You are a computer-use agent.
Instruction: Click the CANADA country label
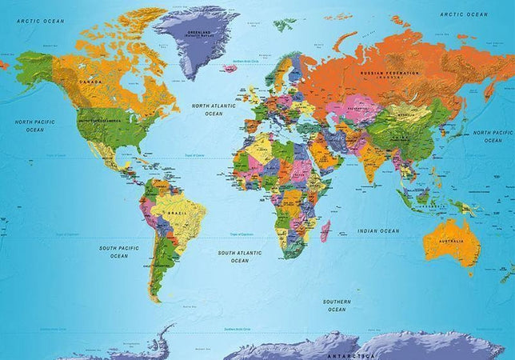(x=90, y=80)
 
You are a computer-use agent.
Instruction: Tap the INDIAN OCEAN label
(x=378, y=231)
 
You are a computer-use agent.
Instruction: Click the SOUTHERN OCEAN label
(x=335, y=305)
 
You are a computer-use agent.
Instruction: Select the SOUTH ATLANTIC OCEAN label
(x=239, y=256)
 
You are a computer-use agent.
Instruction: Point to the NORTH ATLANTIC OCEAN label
(x=214, y=110)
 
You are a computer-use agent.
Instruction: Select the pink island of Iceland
(x=230, y=68)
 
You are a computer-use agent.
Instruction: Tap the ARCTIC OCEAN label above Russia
(x=465, y=14)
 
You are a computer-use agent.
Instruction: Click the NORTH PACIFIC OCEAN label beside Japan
(x=493, y=135)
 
